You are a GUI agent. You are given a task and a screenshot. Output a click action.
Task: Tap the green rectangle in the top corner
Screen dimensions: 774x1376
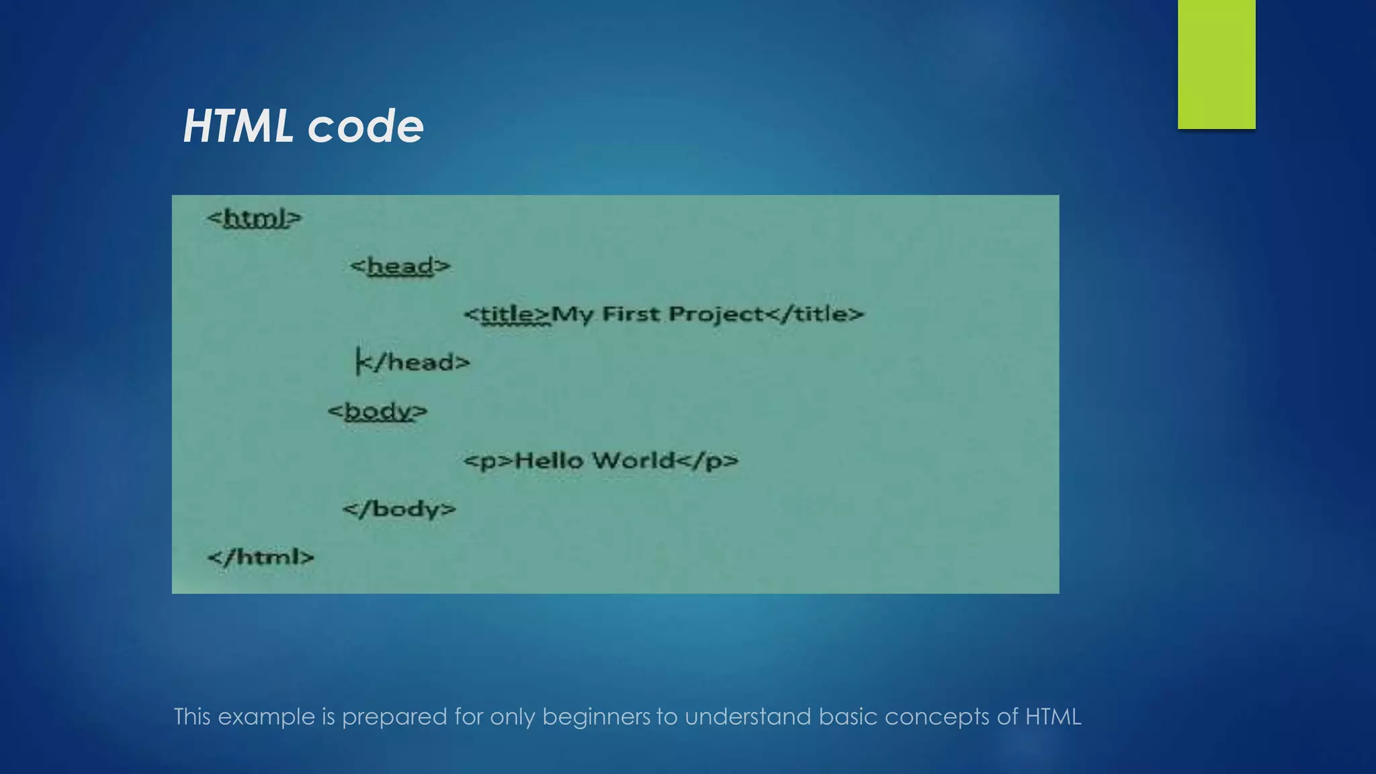(x=1216, y=64)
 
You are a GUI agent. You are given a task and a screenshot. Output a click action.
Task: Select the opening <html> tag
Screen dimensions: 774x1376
(x=255, y=218)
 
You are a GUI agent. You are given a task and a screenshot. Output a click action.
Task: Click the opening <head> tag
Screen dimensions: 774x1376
(x=400, y=266)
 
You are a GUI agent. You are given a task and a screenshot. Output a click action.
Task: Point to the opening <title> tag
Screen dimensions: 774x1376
(x=507, y=314)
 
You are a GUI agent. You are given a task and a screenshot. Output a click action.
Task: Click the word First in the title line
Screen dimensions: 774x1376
(x=630, y=314)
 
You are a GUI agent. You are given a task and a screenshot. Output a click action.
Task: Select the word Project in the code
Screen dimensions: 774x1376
(x=716, y=314)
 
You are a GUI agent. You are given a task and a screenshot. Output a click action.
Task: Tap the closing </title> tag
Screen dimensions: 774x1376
(x=814, y=314)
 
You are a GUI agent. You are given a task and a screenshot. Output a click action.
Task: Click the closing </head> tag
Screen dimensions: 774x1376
(x=413, y=363)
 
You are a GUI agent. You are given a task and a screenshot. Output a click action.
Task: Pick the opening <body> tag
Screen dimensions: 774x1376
(x=378, y=411)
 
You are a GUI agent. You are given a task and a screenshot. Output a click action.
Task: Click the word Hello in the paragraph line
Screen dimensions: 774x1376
(x=548, y=461)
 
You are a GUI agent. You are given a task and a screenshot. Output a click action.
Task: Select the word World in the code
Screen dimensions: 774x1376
(x=633, y=460)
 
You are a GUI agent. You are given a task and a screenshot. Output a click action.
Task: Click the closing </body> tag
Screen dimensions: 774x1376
(x=399, y=509)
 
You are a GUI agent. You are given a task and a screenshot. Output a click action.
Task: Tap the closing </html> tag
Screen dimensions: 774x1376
(x=261, y=557)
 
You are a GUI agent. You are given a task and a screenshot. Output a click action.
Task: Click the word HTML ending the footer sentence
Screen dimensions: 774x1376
(x=1053, y=717)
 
